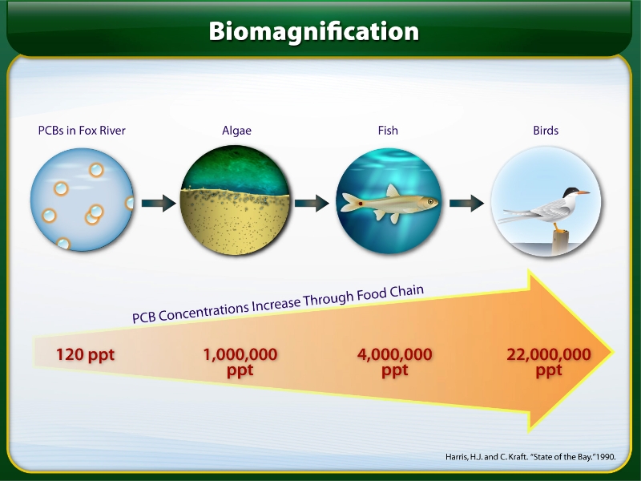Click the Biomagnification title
point(313,32)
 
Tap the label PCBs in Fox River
point(82,131)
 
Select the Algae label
point(236,131)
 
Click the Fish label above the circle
point(388,131)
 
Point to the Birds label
point(546,131)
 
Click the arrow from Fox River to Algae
point(159,203)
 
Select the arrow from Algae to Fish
point(312,203)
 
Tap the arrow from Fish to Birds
point(466,203)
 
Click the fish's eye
point(430,201)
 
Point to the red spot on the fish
point(361,204)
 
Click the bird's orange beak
point(583,192)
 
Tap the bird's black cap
point(570,192)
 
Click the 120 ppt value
point(85,354)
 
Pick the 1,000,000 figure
point(240,354)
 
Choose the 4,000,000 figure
point(394,354)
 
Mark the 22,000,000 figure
point(549,354)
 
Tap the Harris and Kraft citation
point(530,457)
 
